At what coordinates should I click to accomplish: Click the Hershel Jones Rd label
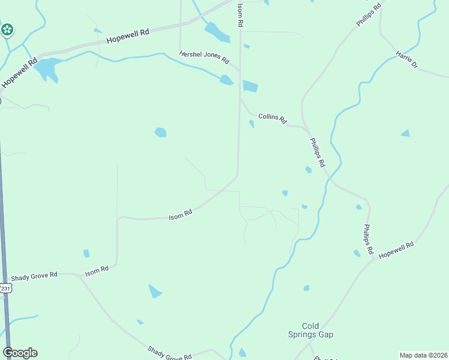coord(204,57)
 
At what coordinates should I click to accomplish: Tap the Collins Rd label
coord(273,117)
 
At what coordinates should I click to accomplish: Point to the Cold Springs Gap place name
coord(318,330)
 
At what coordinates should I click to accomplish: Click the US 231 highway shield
coord(5,289)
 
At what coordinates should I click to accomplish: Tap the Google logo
coord(20,353)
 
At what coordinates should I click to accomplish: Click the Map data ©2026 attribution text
coord(424,355)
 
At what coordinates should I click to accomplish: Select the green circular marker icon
coord(7,29)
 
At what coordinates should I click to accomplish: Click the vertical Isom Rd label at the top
coord(240,15)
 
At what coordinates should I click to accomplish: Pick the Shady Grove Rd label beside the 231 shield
coord(34,275)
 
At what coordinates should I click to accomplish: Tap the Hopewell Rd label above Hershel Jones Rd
coord(127,37)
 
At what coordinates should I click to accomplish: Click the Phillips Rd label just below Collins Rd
coord(317,152)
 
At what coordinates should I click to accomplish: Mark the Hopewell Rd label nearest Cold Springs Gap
coord(397,250)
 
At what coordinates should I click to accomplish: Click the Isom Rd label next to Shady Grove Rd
coord(97,271)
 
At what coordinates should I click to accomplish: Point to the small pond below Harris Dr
coord(406,133)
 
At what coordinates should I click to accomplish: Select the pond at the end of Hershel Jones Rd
coord(226,80)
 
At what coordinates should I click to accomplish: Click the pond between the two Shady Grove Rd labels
coord(154,292)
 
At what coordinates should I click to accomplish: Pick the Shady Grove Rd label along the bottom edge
coord(169,352)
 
